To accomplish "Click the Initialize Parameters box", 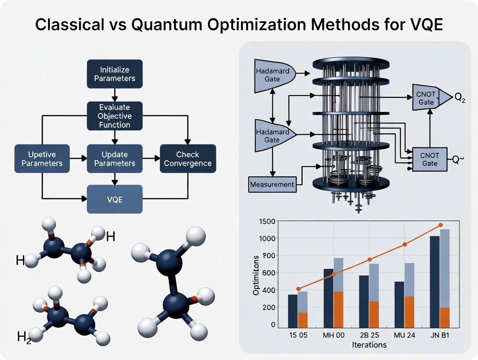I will [x=114, y=74].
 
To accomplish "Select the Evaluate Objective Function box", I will [x=114, y=116].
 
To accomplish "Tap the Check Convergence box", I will [x=187, y=159].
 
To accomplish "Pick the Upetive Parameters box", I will [x=42, y=159].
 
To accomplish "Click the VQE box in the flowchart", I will [x=114, y=199].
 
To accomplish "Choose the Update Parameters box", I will [x=114, y=159].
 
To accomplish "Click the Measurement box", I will [x=272, y=184].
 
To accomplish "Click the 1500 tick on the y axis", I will [x=267, y=221].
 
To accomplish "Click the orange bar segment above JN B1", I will [x=444, y=317].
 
